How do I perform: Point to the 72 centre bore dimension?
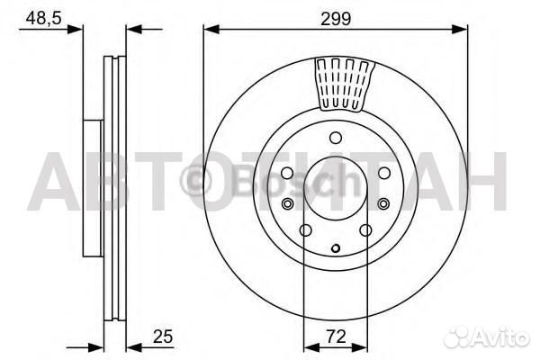pos(335,338)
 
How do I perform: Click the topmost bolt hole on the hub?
pos(336,138)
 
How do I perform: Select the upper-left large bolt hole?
pos(286,173)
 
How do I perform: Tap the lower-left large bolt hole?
pos(305,230)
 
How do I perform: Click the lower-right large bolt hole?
pos(365,230)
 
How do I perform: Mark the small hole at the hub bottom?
pos(336,248)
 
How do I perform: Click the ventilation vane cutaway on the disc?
pos(344,83)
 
